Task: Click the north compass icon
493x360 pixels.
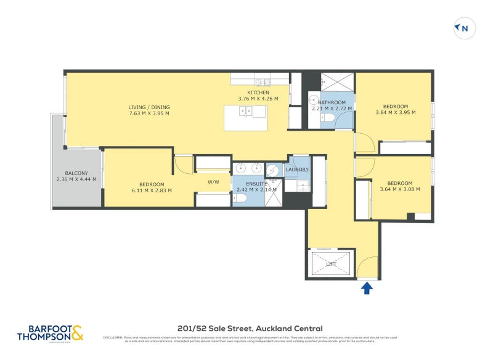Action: click(x=463, y=28)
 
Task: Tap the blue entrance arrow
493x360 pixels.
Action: click(x=367, y=288)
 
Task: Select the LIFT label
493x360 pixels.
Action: click(x=332, y=264)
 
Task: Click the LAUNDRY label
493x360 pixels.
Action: click(x=297, y=170)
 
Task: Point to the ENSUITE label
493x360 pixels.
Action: click(x=256, y=184)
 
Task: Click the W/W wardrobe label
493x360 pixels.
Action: click(x=213, y=182)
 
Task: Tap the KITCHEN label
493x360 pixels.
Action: click(x=258, y=92)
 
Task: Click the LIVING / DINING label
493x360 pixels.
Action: click(x=149, y=107)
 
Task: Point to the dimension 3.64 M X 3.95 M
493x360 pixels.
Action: click(x=395, y=112)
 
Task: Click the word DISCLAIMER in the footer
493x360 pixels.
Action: click(x=113, y=338)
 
